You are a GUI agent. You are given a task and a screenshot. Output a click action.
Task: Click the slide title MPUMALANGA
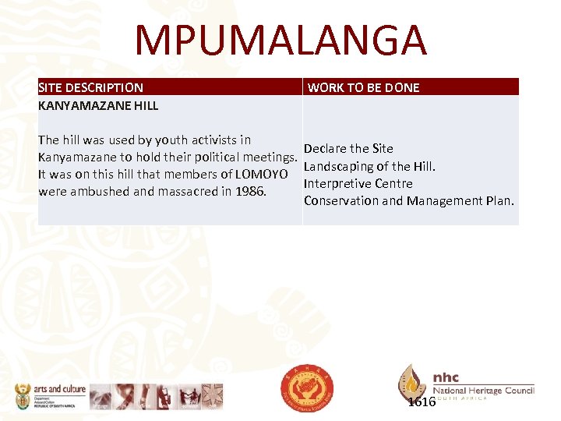click(x=280, y=41)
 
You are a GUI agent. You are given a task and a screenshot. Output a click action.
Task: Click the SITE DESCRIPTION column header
click(x=90, y=87)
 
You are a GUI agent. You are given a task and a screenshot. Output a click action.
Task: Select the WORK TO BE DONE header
click(x=363, y=87)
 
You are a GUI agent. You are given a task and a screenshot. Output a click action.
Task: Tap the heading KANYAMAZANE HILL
click(x=98, y=105)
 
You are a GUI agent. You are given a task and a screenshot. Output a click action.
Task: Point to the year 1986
click(x=251, y=191)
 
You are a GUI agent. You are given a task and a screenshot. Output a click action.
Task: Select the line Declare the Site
click(x=348, y=148)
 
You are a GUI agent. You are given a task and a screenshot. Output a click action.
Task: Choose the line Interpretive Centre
click(x=358, y=183)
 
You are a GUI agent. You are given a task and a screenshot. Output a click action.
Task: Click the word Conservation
click(x=340, y=200)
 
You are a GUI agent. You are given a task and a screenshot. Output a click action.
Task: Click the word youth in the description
click(x=171, y=140)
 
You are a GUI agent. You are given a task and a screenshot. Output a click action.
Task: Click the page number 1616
click(x=422, y=402)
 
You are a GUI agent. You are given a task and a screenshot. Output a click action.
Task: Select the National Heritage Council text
click(x=483, y=391)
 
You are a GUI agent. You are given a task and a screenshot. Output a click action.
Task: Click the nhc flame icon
click(x=412, y=382)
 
